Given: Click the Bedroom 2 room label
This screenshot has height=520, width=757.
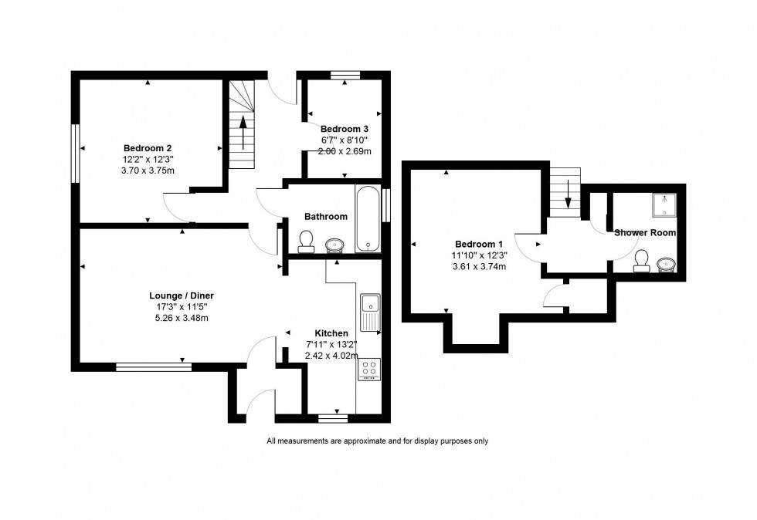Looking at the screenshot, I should click(147, 148).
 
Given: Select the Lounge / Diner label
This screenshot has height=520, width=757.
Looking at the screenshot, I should click(182, 295).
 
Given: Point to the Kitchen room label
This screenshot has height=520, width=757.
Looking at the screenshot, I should click(331, 333).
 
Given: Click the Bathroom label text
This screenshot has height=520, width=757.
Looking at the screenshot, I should click(325, 217).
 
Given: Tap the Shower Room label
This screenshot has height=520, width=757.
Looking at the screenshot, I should click(645, 232).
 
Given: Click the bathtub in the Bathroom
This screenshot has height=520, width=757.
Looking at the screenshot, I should click(368, 218).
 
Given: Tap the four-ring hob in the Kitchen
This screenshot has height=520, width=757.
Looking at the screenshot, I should click(368, 370).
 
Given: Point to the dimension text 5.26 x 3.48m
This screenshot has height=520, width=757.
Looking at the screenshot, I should click(182, 318).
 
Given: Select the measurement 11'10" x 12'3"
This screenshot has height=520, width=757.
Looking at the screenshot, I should click(478, 255).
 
